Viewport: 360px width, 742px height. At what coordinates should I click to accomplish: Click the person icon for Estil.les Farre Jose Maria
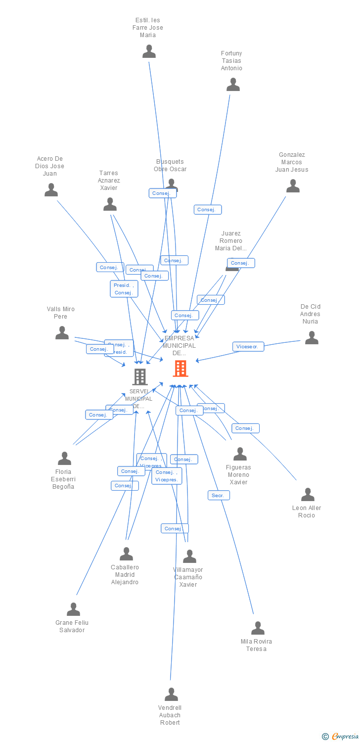(x=149, y=51)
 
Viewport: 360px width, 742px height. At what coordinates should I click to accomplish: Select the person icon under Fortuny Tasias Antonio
(x=233, y=85)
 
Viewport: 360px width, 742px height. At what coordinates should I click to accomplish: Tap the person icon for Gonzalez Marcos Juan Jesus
(x=293, y=186)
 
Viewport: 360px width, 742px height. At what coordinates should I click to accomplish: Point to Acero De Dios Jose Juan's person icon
(x=51, y=190)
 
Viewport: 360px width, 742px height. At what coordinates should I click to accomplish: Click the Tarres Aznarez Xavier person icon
(x=110, y=204)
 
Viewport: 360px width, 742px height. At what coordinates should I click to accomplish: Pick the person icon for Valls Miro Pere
(x=62, y=333)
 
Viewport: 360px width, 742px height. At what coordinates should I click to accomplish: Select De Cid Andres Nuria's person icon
(x=312, y=338)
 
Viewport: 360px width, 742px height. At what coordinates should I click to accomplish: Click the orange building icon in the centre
(x=180, y=369)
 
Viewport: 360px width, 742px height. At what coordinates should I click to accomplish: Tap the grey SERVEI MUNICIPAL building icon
(x=140, y=377)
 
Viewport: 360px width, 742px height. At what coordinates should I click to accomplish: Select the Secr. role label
(x=218, y=495)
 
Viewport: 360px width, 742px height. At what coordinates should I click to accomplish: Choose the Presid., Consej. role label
(x=124, y=289)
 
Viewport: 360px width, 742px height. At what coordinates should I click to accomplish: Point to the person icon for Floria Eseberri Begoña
(x=64, y=459)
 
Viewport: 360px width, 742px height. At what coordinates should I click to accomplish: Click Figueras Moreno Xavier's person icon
(x=240, y=454)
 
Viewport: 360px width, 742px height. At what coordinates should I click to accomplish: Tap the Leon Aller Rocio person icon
(x=308, y=495)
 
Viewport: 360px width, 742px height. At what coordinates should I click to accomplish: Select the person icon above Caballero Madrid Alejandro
(x=126, y=554)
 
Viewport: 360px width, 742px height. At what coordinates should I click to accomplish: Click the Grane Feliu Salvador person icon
(x=73, y=609)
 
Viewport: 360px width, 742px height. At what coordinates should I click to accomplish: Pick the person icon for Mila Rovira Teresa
(x=258, y=628)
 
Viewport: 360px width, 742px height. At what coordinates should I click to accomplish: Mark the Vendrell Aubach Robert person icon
(x=171, y=695)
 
